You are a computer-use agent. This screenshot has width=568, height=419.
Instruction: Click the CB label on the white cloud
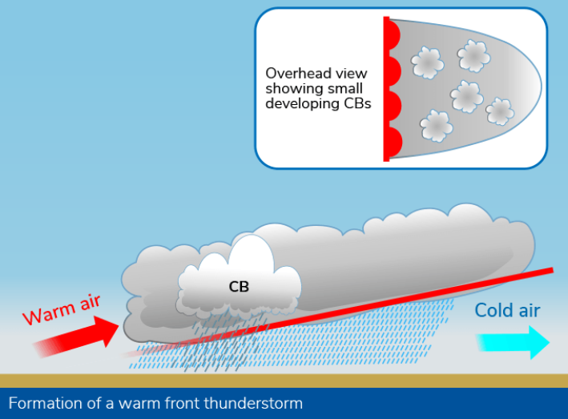point(239,286)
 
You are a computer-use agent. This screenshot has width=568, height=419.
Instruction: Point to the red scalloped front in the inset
point(392,88)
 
